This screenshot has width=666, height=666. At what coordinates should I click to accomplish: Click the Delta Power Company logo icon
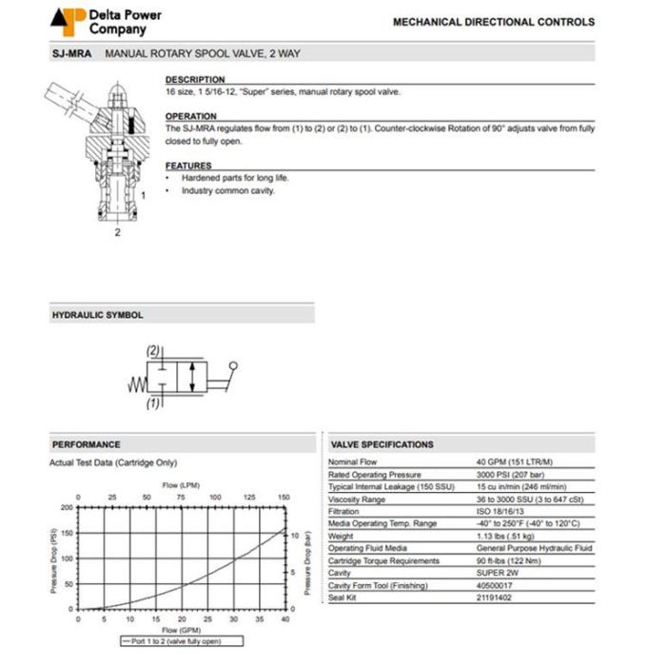pyautogui.click(x=68, y=21)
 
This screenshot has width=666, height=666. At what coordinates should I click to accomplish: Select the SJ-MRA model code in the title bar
pyautogui.click(x=71, y=54)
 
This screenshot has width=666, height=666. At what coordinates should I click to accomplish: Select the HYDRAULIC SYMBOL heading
pyautogui.click(x=96, y=314)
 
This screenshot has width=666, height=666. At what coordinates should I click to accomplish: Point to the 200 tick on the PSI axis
pyautogui.click(x=66, y=507)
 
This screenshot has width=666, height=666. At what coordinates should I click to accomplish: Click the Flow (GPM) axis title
pyautogui.click(x=181, y=630)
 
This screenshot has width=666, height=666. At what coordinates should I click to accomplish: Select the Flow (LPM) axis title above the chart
pyautogui.click(x=181, y=485)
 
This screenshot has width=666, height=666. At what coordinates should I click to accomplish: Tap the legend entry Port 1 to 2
pyautogui.click(x=177, y=643)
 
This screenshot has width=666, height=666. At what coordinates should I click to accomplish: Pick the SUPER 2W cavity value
pyautogui.click(x=496, y=573)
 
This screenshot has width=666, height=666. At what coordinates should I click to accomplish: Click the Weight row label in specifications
pyautogui.click(x=341, y=536)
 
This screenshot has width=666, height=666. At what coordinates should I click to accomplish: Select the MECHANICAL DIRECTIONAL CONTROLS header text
pyautogui.click(x=493, y=22)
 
